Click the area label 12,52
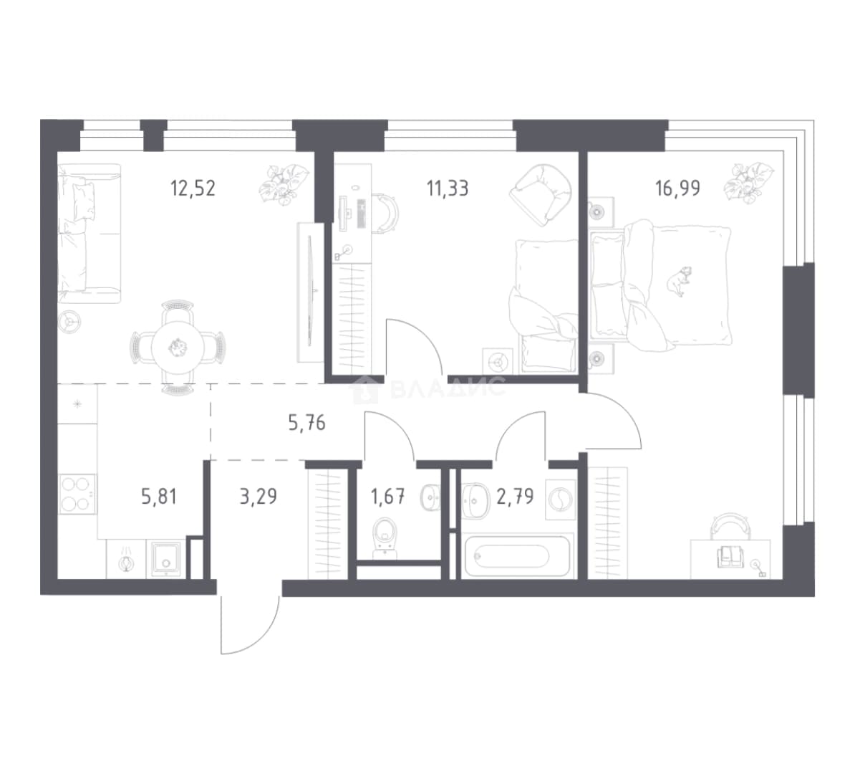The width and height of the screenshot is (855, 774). (193, 188)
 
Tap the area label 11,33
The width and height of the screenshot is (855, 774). (447, 188)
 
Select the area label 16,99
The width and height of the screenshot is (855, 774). (677, 188)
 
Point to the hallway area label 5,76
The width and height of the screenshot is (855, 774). (307, 423)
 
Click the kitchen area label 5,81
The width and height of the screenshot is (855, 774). (159, 497)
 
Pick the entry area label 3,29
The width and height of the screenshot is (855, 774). (258, 497)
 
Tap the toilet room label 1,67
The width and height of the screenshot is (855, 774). (387, 497)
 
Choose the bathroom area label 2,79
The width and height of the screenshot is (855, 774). (515, 497)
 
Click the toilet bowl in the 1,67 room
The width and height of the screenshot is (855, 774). (387, 537)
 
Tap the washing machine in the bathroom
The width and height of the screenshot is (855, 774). (561, 499)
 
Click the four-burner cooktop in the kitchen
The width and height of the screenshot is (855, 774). (77, 494)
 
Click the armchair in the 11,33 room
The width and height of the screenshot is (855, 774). (541, 193)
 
